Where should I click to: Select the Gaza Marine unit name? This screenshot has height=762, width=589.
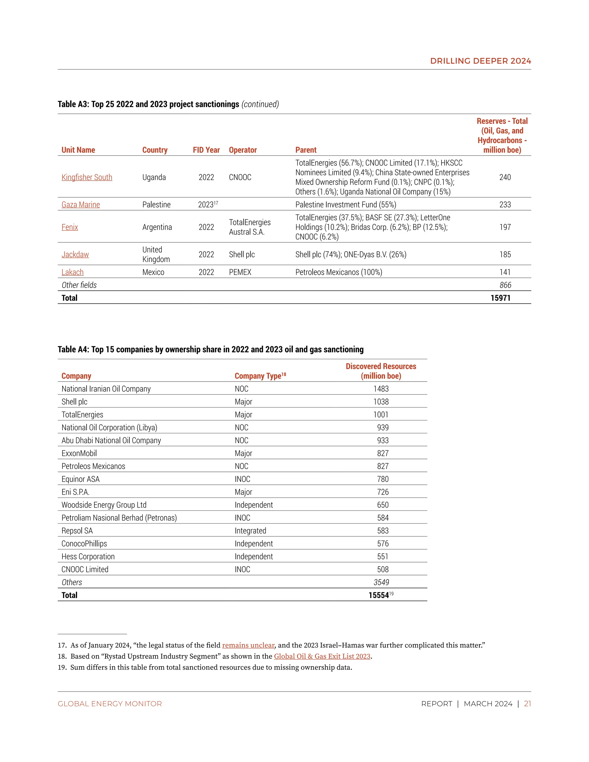click(x=81, y=204)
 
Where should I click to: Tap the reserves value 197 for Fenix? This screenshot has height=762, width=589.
click(x=505, y=227)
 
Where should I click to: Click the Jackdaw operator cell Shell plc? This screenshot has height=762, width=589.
click(x=242, y=254)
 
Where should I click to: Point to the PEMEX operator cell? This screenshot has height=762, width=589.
click(x=240, y=272)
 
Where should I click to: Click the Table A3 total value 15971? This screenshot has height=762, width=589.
click(x=500, y=298)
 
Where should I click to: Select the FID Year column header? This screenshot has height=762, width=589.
click(x=206, y=150)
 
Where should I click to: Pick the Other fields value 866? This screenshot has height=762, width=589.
click(x=505, y=285)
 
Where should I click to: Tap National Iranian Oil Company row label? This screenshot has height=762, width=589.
click(x=106, y=389)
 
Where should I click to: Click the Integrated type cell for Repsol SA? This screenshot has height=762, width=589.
click(x=250, y=531)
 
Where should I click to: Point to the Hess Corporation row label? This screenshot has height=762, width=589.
click(x=88, y=556)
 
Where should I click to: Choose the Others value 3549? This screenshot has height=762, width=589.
click(x=381, y=582)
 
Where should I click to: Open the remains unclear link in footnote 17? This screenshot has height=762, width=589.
click(x=248, y=645)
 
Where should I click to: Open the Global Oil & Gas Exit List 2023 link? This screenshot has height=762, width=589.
click(x=322, y=656)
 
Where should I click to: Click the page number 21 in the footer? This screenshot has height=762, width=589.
click(x=527, y=704)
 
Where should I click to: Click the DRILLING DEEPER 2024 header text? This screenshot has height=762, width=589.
click(x=481, y=61)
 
